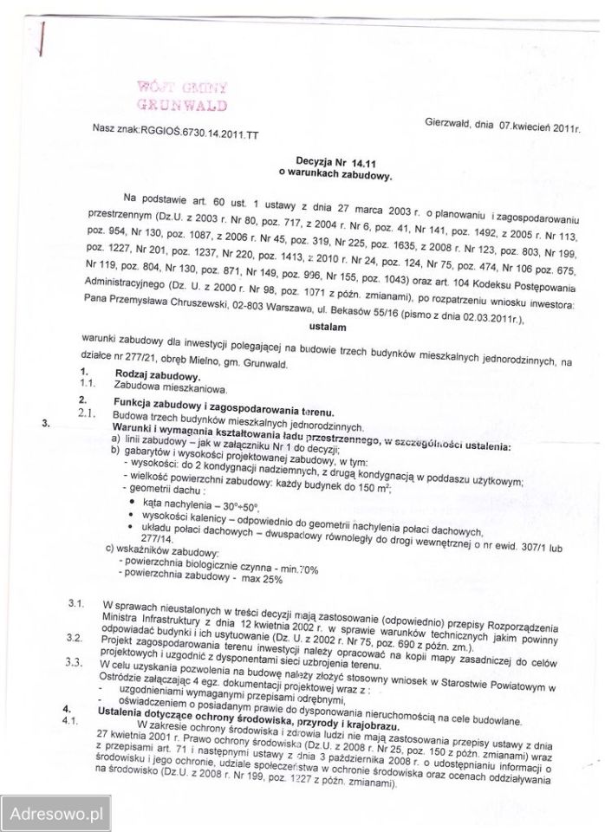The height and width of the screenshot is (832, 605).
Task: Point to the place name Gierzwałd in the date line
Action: [x=448, y=125]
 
